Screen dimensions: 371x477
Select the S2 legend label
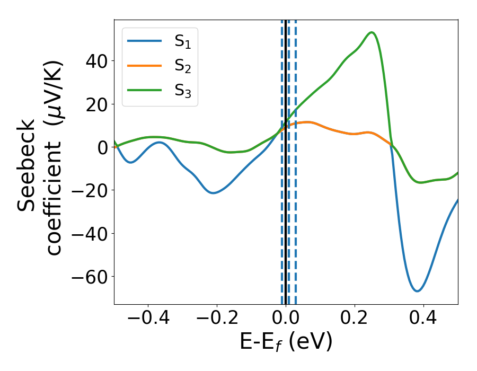[182, 67]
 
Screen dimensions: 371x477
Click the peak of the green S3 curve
[372, 32]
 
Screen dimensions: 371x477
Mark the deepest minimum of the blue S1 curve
[418, 291]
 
